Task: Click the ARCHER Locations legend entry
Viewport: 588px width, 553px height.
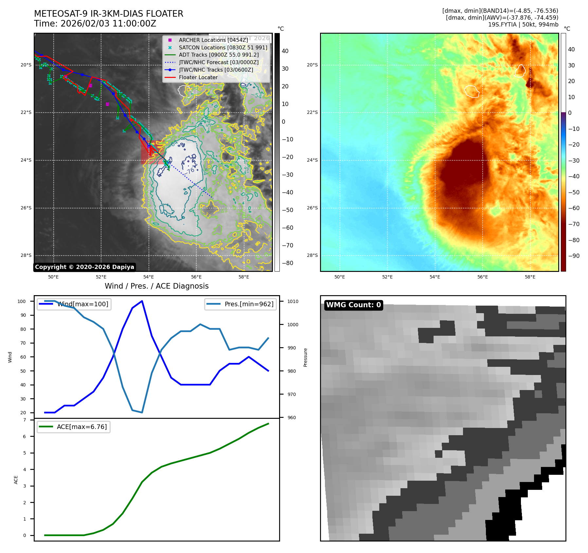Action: coord(213,40)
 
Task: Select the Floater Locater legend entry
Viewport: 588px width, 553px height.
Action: coord(198,77)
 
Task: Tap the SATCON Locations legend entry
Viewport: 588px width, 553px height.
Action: coord(223,47)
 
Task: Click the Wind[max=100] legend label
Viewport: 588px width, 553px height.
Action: coord(83,304)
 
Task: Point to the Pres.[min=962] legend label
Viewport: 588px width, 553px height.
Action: coord(249,304)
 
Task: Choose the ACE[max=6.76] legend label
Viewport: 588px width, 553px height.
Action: coord(81,427)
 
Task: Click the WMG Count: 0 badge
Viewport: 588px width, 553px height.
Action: coord(353,305)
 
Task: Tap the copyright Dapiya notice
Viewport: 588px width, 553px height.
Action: coord(84,267)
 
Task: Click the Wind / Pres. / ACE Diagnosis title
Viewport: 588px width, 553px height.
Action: coord(156,286)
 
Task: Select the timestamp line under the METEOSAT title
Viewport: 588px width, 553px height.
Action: coord(95,24)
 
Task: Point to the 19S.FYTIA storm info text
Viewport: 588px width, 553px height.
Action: coord(523,25)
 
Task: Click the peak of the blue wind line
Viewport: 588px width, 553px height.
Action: coord(142,301)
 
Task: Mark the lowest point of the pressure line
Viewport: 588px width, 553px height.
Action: coord(142,412)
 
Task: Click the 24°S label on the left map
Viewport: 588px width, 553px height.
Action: coord(26,160)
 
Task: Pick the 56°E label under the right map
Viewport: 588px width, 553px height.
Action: coord(482,277)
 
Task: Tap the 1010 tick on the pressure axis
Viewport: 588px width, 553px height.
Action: coord(293,301)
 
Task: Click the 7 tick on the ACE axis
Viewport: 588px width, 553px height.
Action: coord(25,420)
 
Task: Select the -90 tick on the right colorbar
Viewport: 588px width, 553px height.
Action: coord(574,256)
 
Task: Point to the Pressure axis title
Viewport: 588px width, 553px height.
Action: coord(305,357)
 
